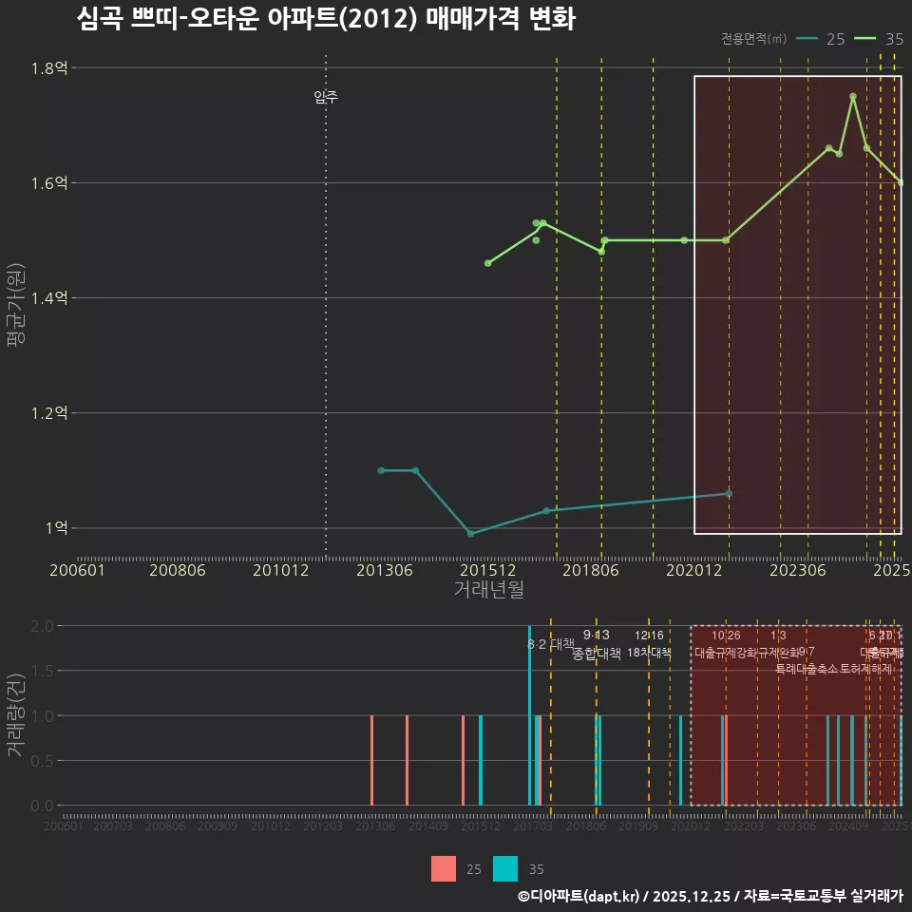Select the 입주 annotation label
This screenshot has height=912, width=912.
click(x=326, y=97)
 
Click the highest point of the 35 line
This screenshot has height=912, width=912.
click(x=853, y=96)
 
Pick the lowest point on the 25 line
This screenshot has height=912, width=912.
click(x=470, y=534)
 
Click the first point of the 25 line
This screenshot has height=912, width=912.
click(x=381, y=470)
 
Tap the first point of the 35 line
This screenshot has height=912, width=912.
click(x=487, y=263)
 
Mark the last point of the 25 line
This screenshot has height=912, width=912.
click(x=729, y=493)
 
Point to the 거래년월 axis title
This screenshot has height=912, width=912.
click(x=488, y=589)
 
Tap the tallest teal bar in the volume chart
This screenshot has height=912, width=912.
click(x=529, y=714)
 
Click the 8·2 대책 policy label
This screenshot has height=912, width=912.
click(x=551, y=644)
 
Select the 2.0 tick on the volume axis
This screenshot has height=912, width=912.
click(x=42, y=626)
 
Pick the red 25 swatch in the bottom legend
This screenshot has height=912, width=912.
click(x=444, y=869)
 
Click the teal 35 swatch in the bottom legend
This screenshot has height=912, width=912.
click(x=505, y=869)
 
